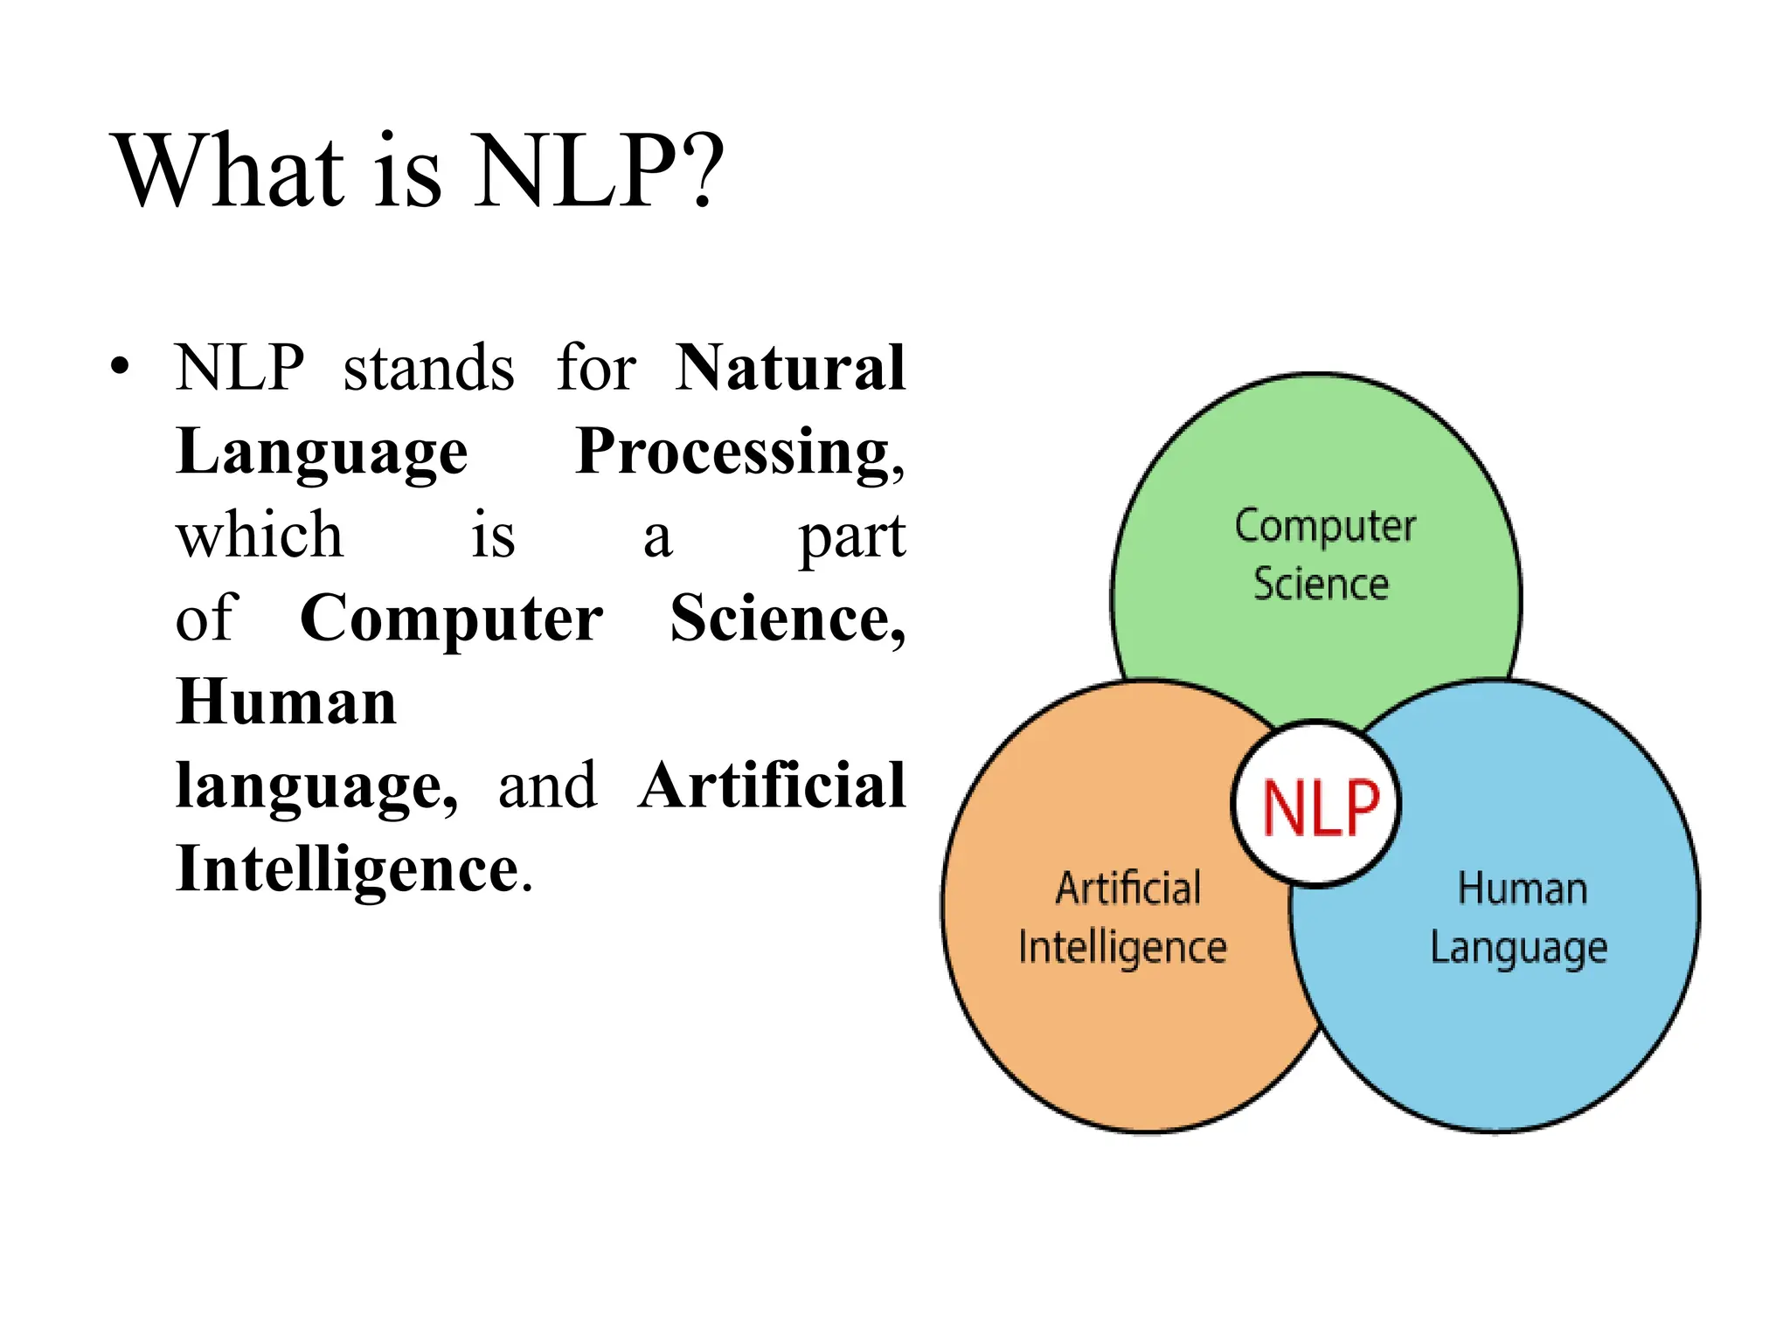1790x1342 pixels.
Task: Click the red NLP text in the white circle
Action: click(1320, 807)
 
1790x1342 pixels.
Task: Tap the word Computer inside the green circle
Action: click(1325, 527)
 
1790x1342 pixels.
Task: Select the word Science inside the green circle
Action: click(1321, 584)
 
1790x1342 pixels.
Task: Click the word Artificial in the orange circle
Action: click(1128, 889)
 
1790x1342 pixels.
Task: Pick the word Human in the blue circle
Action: click(1523, 889)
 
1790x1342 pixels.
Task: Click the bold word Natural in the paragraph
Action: click(790, 367)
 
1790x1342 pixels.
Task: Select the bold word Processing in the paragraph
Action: click(732, 452)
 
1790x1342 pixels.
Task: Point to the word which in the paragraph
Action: click(260, 535)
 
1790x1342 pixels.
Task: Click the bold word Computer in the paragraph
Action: click(451, 619)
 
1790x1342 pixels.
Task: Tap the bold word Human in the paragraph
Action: click(286, 702)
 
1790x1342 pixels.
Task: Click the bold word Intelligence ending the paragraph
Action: click(348, 868)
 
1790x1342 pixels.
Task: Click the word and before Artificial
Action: click(547, 785)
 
